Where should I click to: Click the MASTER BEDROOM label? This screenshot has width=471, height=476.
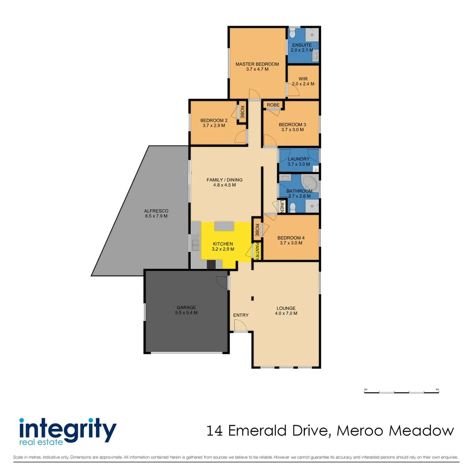[x=257, y=64]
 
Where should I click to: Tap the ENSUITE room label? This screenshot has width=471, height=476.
[x=302, y=45]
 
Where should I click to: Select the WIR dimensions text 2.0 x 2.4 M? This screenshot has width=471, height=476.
[x=303, y=84]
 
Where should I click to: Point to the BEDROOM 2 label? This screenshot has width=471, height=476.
[x=214, y=120]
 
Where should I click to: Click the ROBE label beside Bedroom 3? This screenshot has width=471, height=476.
[x=273, y=105]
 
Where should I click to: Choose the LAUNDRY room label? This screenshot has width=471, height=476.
[x=298, y=159]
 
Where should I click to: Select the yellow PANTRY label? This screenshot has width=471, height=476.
[x=257, y=251]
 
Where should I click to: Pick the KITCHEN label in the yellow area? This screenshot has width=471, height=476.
[x=223, y=244]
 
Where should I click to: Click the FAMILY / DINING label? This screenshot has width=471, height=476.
[x=224, y=180]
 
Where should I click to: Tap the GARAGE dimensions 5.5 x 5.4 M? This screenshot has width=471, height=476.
[x=186, y=312]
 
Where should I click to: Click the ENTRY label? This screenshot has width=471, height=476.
[x=241, y=315]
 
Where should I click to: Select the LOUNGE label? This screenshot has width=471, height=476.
[x=286, y=308]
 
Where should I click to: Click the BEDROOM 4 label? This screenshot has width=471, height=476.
[x=291, y=238]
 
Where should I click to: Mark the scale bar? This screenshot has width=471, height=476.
[x=401, y=391]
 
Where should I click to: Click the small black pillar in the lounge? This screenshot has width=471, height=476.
[x=252, y=298]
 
